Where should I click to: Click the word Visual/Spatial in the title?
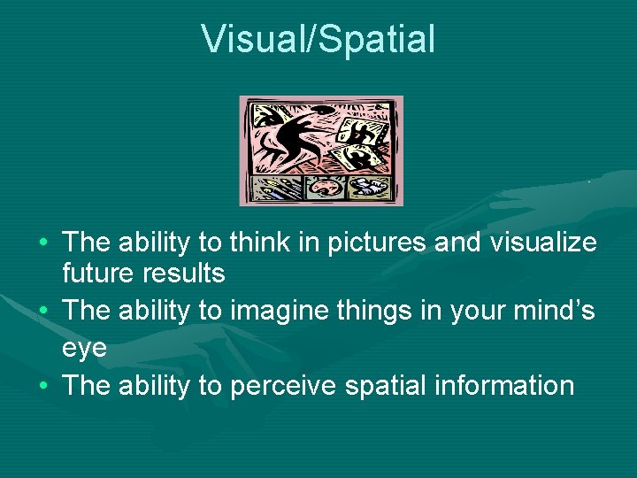tap(318, 39)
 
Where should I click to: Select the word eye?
tap(85, 347)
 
